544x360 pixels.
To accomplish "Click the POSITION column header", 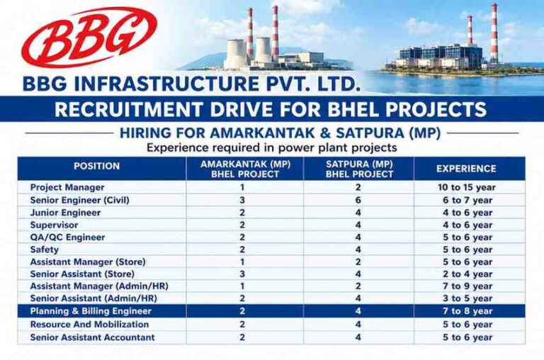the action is (x=97, y=166).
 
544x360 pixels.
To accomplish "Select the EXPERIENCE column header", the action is (x=466, y=169).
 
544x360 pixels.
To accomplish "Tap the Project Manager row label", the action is (x=67, y=188).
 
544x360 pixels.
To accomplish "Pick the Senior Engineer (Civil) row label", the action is (x=80, y=201).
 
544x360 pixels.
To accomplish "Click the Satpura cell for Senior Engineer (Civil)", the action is (x=358, y=201).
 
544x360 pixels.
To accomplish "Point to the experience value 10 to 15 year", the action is (x=467, y=188).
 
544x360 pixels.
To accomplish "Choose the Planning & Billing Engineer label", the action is (x=91, y=311).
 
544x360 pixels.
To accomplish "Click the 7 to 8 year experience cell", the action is (x=467, y=311).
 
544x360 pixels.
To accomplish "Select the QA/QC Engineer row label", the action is (x=68, y=237).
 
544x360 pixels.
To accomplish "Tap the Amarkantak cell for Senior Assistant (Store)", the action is (x=242, y=274).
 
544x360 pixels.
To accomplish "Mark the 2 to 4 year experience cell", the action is (x=467, y=274).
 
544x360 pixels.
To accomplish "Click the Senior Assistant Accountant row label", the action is (x=93, y=337).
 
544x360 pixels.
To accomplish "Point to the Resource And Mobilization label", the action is (x=89, y=325).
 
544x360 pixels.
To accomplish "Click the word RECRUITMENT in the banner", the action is (x=128, y=109).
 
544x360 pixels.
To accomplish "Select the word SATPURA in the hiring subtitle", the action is (x=370, y=133).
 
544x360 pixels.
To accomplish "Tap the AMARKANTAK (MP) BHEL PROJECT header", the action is (x=245, y=169).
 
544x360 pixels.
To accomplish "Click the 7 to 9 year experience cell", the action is (x=467, y=286).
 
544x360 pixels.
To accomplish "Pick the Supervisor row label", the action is (x=54, y=225).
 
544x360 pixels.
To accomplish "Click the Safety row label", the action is (x=45, y=250).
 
